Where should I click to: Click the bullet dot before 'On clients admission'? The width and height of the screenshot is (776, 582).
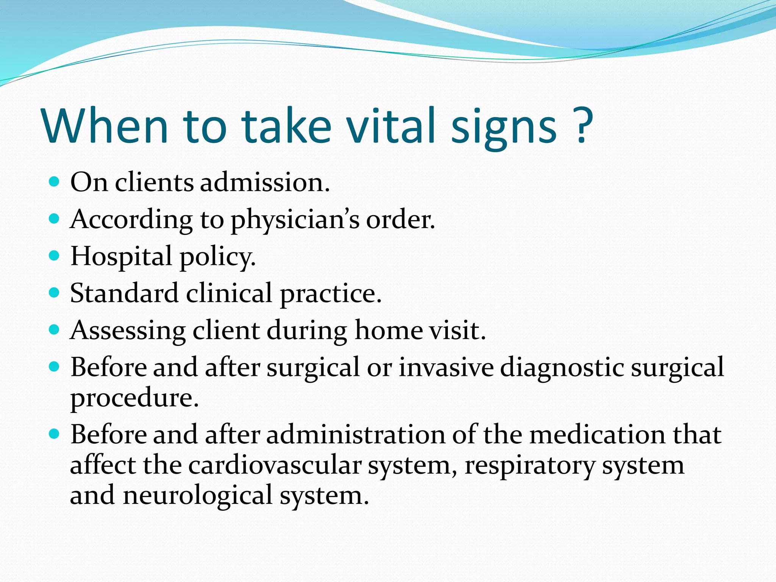click(55, 181)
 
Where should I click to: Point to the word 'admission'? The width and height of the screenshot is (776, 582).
click(264, 182)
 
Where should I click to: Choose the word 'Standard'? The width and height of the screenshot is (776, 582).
click(124, 293)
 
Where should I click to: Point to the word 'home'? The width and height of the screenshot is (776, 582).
click(388, 330)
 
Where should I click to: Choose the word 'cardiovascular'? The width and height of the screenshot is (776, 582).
click(274, 465)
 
